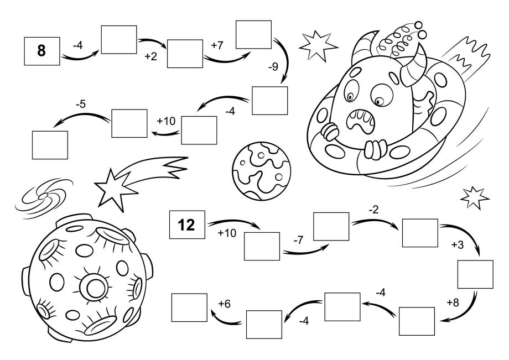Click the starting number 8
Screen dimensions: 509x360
pyautogui.click(x=41, y=51)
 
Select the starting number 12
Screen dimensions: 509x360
pyautogui.click(x=186, y=225)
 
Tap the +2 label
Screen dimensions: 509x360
pyautogui.click(x=151, y=56)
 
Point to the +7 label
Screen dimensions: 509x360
pyautogui.click(x=217, y=45)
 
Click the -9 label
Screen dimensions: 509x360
pyautogui.click(x=273, y=66)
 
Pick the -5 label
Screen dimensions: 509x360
pyautogui.click(x=81, y=104)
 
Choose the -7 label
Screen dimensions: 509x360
pyautogui.click(x=298, y=240)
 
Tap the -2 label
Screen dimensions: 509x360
pyautogui.click(x=374, y=210)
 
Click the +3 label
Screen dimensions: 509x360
pyautogui.click(x=458, y=244)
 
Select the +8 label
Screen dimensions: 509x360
pyautogui.click(x=453, y=302)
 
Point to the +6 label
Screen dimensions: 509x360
pyautogui.click(x=224, y=304)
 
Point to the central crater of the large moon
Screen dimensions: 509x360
pyautogui.click(x=94, y=287)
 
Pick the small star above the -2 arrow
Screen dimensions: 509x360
pyautogui.click(x=475, y=197)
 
